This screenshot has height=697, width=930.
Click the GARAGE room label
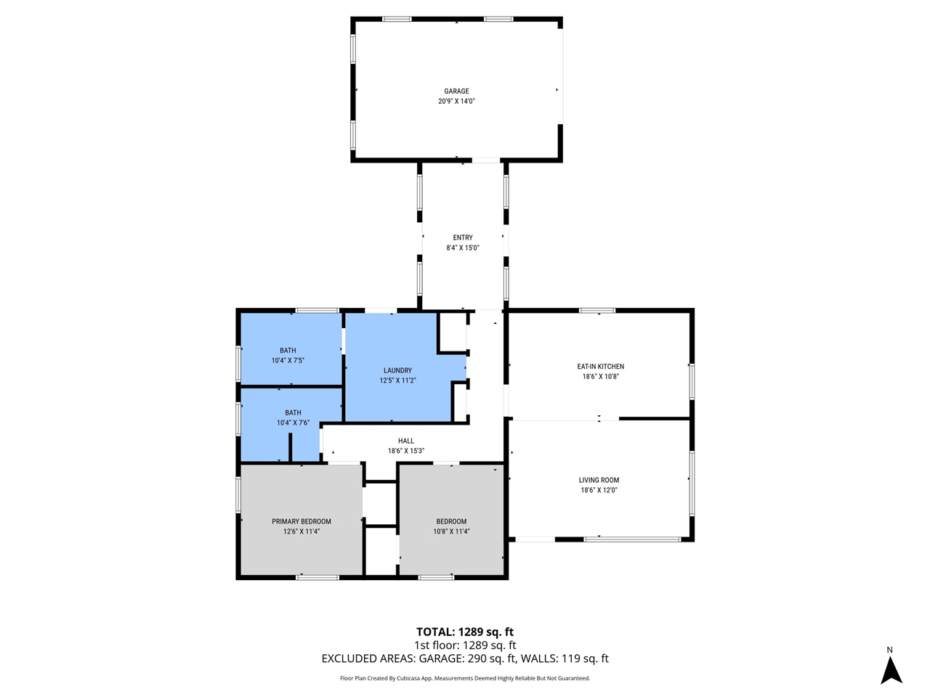[x=456, y=91]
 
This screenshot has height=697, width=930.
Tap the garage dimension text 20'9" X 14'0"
[x=456, y=102]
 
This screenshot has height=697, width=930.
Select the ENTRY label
[x=463, y=237]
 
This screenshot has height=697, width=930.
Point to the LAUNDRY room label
[x=397, y=370]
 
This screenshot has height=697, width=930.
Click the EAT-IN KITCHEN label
[x=600, y=367]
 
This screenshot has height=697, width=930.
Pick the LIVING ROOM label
[x=599, y=480]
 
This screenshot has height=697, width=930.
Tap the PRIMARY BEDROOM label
[x=302, y=521]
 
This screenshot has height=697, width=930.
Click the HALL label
[x=405, y=441]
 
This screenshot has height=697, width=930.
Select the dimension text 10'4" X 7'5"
[x=288, y=361]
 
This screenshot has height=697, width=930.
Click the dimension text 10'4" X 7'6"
[x=293, y=423]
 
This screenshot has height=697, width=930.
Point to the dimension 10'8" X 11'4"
[x=451, y=531]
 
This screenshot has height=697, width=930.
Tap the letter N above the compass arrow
[x=889, y=650]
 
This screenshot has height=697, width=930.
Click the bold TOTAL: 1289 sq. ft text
[x=465, y=632]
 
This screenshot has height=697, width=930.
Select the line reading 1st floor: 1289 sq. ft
[x=465, y=645]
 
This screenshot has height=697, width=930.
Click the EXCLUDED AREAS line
[x=465, y=659]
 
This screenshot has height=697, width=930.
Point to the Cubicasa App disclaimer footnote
[x=465, y=678]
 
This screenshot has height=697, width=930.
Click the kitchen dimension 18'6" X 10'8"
[x=600, y=377]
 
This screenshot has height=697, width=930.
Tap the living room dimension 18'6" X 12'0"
[x=599, y=490]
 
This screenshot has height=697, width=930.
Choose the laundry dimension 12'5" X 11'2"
[x=397, y=380]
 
